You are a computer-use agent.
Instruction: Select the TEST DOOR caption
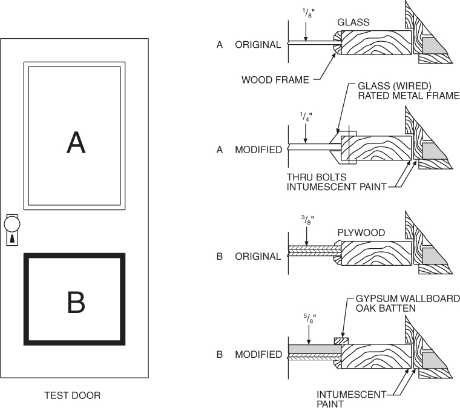point(73,396)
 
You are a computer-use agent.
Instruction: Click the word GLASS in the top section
point(353,22)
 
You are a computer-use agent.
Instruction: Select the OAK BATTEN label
point(385,309)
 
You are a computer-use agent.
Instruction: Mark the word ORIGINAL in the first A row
point(258,45)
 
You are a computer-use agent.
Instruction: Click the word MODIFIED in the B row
point(258,355)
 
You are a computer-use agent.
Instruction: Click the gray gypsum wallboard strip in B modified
point(312,349)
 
